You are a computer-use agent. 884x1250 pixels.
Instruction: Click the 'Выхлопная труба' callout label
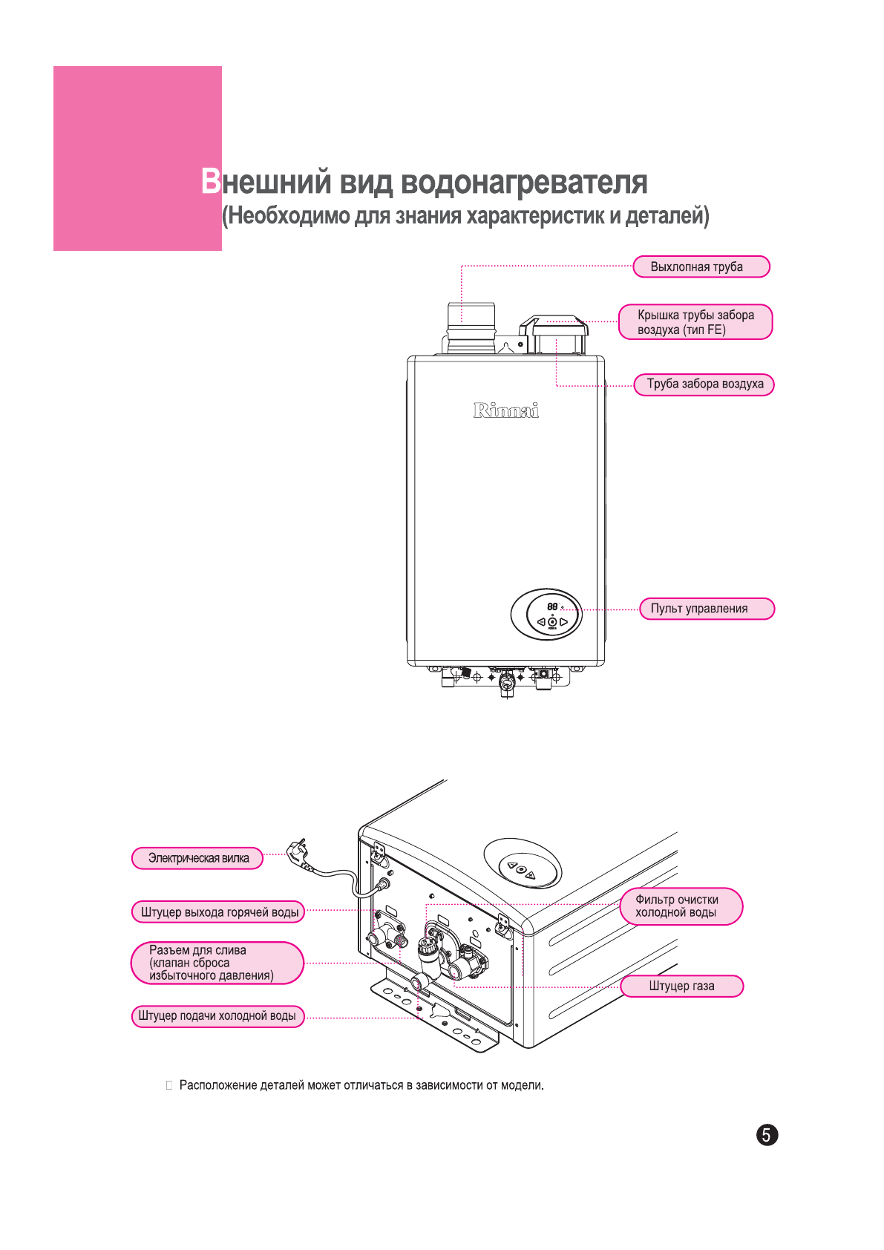[x=701, y=267]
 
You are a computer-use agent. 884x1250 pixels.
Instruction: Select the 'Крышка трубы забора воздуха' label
[x=695, y=322]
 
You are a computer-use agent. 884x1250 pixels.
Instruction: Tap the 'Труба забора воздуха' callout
[x=704, y=385]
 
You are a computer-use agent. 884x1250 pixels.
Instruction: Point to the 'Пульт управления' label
[x=706, y=609]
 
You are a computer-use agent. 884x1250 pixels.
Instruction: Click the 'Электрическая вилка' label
[x=197, y=858]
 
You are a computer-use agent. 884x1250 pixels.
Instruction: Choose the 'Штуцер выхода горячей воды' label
[x=218, y=912]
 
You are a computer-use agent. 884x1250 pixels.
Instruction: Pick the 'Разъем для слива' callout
[x=217, y=963]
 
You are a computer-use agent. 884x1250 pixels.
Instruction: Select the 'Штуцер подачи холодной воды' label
[x=217, y=1015]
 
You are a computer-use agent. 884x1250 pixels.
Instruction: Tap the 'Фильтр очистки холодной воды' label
[x=681, y=906]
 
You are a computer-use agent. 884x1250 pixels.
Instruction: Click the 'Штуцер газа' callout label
[x=681, y=986]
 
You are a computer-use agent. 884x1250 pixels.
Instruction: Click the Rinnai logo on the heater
[x=506, y=410]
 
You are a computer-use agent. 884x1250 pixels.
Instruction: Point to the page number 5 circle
[x=767, y=1135]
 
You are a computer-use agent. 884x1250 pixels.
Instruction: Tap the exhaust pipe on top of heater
[x=471, y=327]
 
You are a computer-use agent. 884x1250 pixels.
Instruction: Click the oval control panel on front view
[x=547, y=615]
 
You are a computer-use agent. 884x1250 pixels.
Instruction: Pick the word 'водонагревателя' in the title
[x=524, y=183]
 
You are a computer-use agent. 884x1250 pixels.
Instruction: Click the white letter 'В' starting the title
[x=211, y=182]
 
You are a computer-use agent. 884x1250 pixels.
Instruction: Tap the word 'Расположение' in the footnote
[x=219, y=1085]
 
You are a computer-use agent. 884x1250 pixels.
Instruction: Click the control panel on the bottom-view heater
[x=522, y=863]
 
